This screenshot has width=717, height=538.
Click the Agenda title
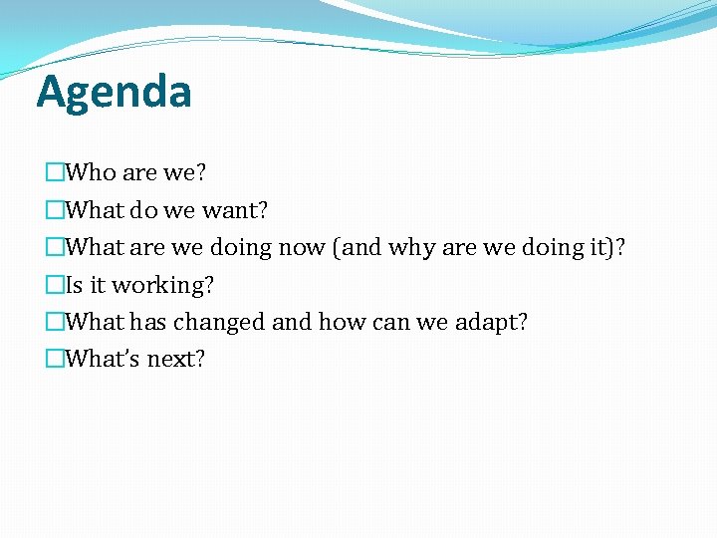point(114,93)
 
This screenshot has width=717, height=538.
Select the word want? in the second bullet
point(234,210)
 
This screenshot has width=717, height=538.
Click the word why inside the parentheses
point(410,247)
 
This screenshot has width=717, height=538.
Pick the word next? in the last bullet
point(176,359)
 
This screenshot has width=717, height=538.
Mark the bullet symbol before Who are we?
point(55,173)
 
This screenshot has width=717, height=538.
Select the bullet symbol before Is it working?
point(55,286)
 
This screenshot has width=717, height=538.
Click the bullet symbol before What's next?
point(55,360)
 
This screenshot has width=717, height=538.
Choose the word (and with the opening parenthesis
point(357,247)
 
